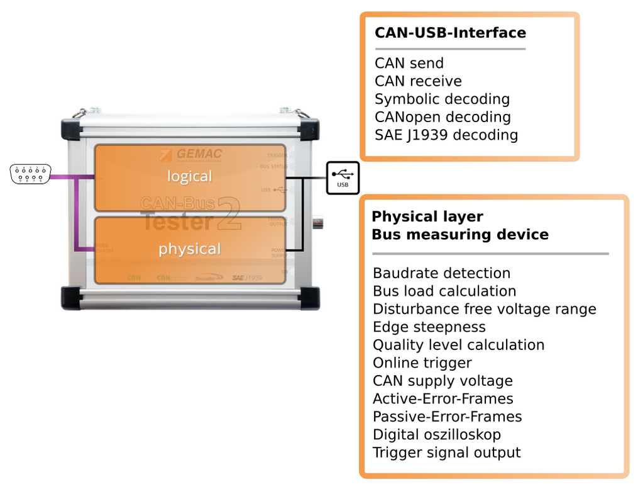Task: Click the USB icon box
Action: point(343,177)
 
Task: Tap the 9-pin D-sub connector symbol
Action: point(30,174)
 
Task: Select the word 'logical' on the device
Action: point(189,176)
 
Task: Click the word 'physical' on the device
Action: point(189,249)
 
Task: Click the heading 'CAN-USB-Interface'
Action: point(450,33)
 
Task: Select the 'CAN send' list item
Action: point(409,64)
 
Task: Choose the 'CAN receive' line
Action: point(418,81)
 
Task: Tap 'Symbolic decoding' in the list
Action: point(442,99)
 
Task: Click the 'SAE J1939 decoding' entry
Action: point(446,135)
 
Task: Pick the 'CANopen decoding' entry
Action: point(442,117)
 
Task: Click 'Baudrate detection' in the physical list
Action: point(441,273)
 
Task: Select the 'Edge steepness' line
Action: point(429,327)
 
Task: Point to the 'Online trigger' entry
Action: point(422,363)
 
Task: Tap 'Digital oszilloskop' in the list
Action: point(437,434)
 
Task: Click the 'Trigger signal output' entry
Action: point(446,452)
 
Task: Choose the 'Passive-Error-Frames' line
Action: point(447,417)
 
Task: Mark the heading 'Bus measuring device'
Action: point(460,235)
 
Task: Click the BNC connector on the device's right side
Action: point(317,223)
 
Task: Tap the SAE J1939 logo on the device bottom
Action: point(247,277)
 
